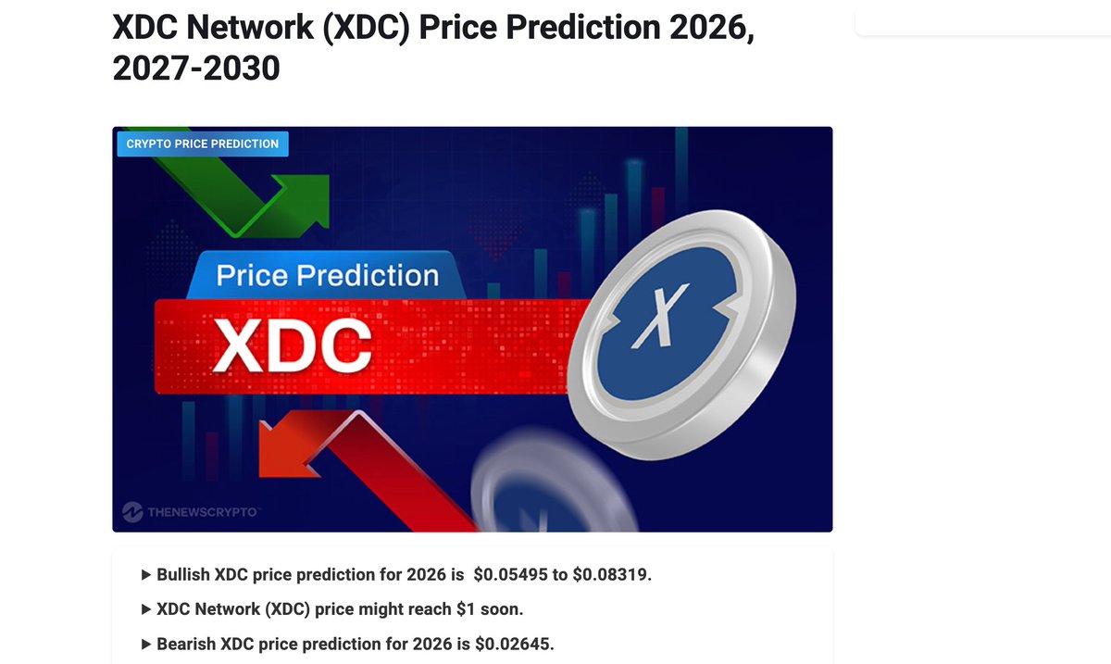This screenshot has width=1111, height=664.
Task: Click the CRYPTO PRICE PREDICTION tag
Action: pyautogui.click(x=202, y=144)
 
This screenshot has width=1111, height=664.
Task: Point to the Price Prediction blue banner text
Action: pyautogui.click(x=327, y=276)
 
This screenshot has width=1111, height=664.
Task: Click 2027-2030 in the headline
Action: pyautogui.click(x=195, y=68)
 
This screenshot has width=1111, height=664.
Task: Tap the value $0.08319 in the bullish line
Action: pyautogui.click(x=612, y=575)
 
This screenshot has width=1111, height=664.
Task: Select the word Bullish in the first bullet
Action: pyautogui.click(x=183, y=575)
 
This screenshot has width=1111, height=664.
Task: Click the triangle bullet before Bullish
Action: pyautogui.click(x=146, y=575)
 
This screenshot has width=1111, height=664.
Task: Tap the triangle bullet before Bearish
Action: pyautogui.click(x=146, y=644)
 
